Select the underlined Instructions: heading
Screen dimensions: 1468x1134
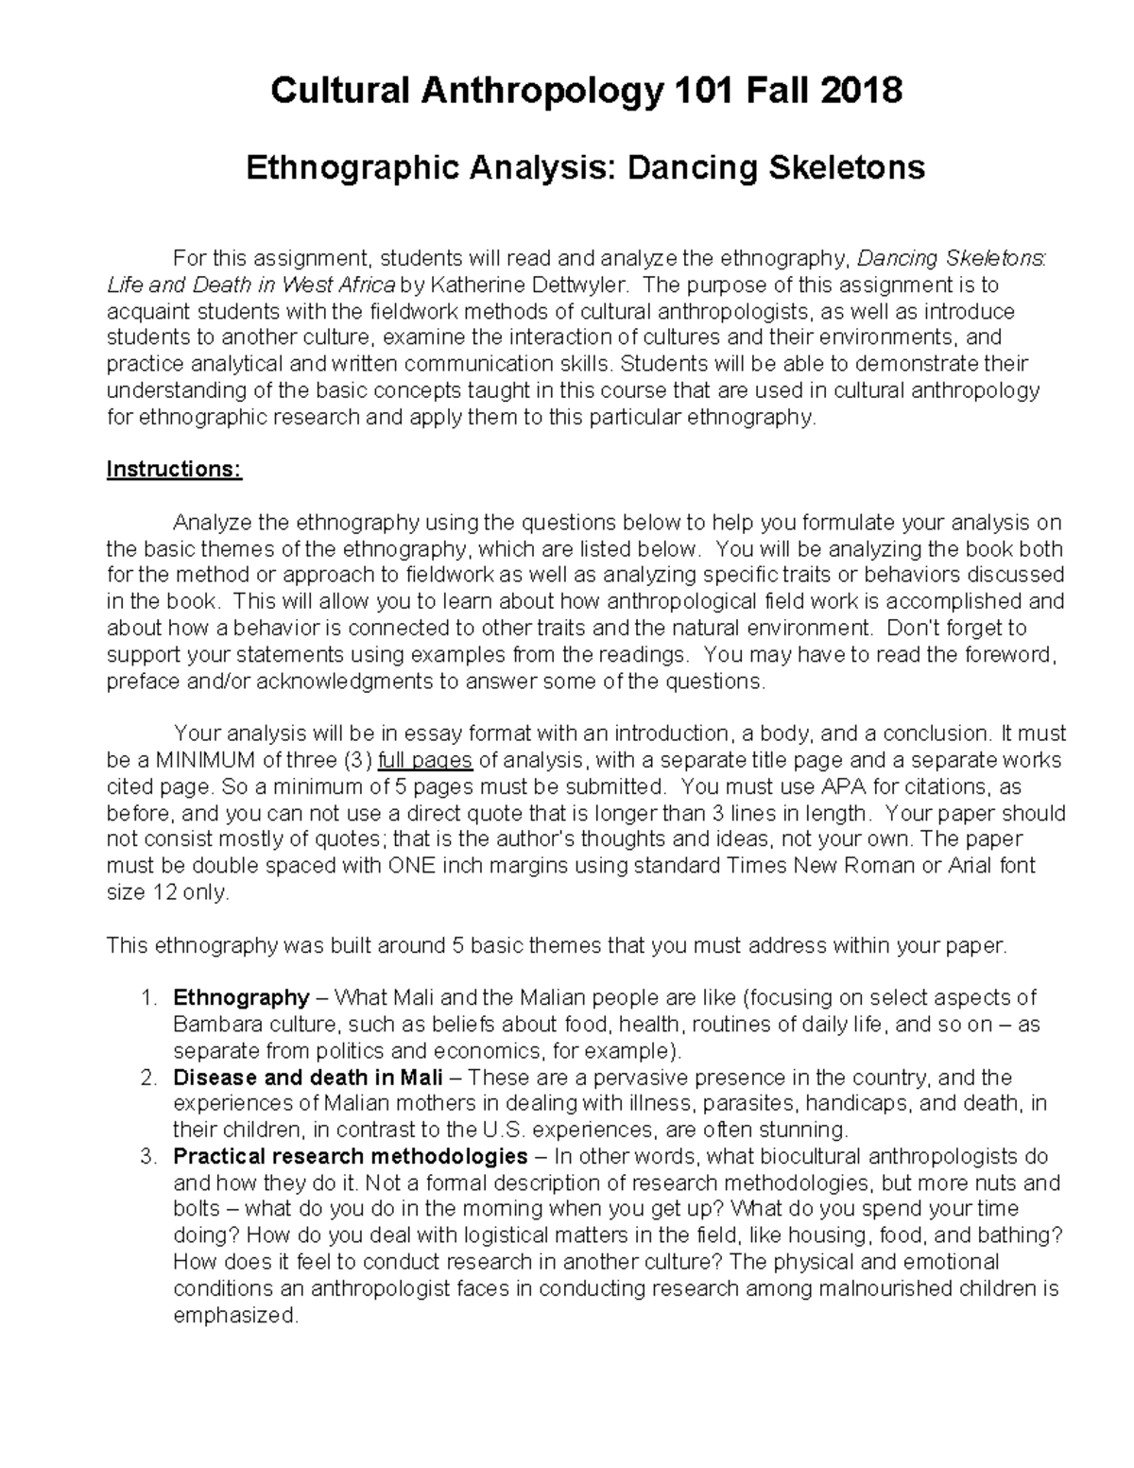[174, 470]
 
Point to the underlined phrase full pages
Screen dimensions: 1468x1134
[426, 760]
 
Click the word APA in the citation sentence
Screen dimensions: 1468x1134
[844, 786]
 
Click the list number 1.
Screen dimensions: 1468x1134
[146, 997]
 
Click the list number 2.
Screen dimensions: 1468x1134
[146, 1078]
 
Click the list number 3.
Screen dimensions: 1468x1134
[146, 1156]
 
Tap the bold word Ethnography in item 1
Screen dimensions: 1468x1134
[241, 997]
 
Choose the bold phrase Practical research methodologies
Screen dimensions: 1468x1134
[350, 1156]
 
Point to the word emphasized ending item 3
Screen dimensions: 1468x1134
[236, 1315]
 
